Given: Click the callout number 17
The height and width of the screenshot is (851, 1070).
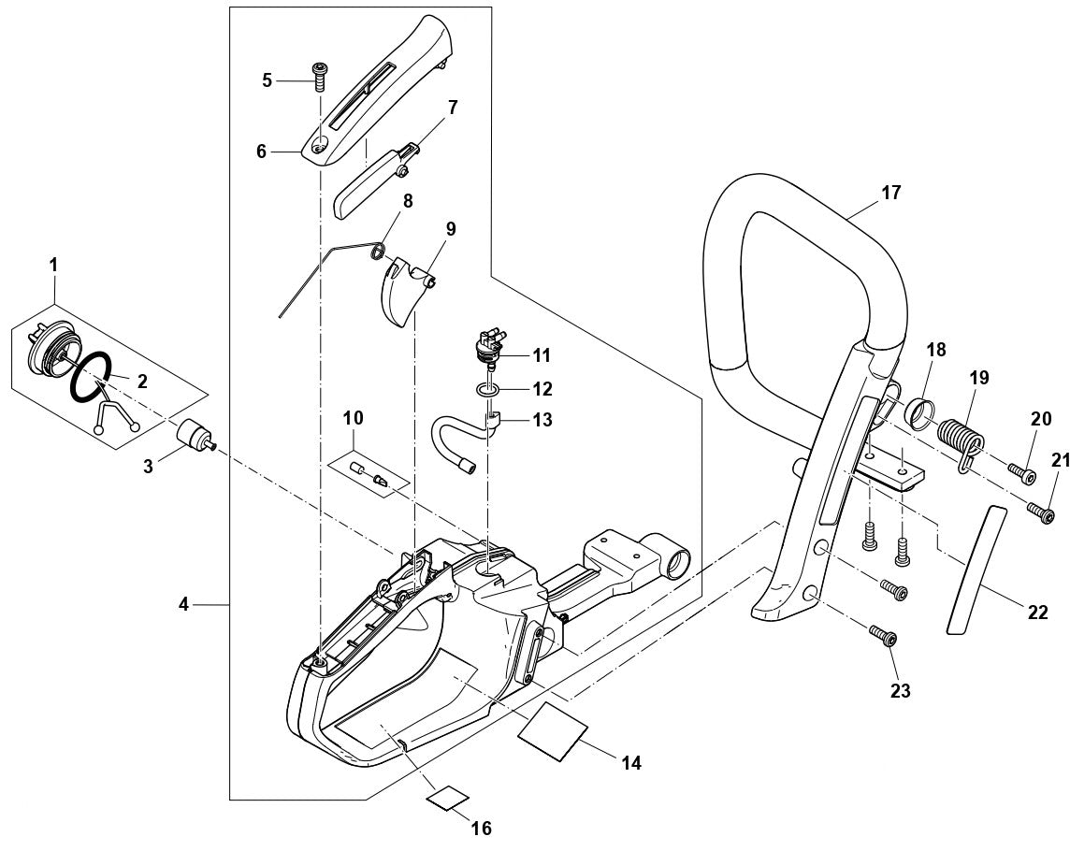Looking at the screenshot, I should coord(890,193).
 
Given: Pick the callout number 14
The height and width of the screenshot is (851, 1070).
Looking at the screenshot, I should coord(631,763).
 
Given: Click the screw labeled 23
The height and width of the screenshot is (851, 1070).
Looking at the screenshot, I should coord(884,638).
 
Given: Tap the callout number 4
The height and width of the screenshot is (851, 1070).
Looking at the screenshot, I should coord(184,605).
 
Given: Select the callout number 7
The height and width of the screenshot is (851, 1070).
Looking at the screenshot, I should coord(452,108).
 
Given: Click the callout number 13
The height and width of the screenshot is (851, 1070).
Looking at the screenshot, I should coord(542,420).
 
